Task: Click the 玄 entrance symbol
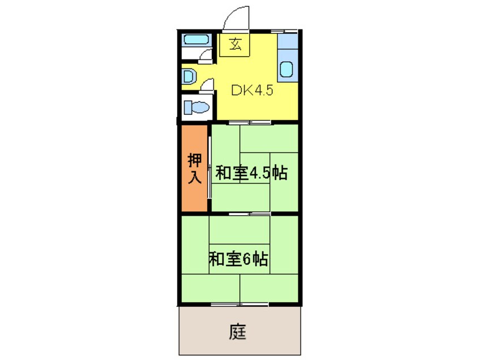pos(236,45)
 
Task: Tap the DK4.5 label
pos(253,90)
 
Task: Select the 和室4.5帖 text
pos(251,173)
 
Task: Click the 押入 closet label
pos(195,168)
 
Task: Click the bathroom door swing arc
pos(207,54)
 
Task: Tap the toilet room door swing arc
pos(208,84)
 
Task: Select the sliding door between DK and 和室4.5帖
pos(249,122)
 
